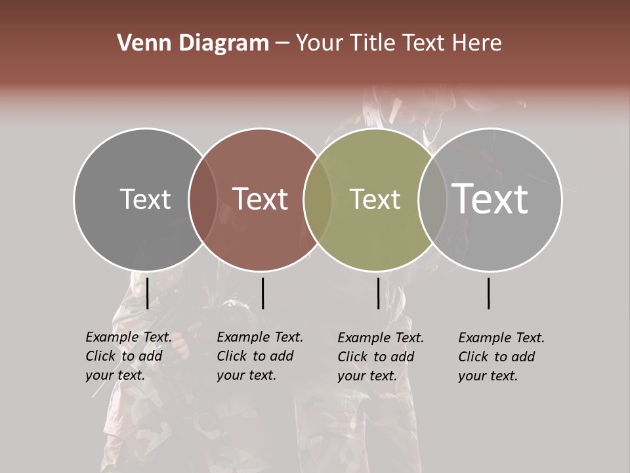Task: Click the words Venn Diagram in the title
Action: tap(193, 43)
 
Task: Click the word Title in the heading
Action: tap(373, 43)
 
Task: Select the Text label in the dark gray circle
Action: tap(145, 199)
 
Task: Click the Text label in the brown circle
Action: tap(261, 199)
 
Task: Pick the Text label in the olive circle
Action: tap(375, 199)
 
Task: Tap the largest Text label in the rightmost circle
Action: tap(490, 198)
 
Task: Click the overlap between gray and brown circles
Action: tap(203, 199)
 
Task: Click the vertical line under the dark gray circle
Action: tap(147, 293)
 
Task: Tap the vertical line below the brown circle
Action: tap(262, 293)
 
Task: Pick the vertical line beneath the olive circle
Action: tap(378, 293)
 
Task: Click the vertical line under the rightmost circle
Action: tap(489, 293)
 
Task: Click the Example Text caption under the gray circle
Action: tap(129, 356)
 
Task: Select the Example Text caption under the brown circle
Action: tap(260, 356)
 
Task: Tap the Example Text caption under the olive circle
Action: tap(381, 357)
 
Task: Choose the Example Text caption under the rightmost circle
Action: tap(501, 357)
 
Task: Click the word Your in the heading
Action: tap(320, 43)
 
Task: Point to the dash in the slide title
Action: tap(282, 44)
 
